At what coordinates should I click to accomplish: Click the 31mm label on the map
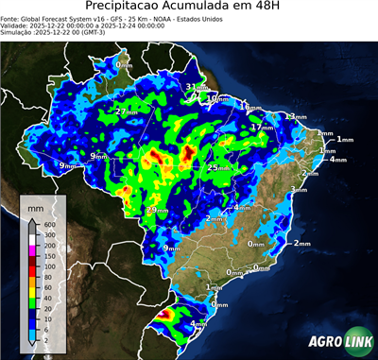pyautogui.click(x=194, y=87)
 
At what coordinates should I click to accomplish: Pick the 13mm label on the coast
pyautogui.click(x=296, y=116)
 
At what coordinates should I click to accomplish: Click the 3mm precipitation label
pyautogui.click(x=299, y=189)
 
